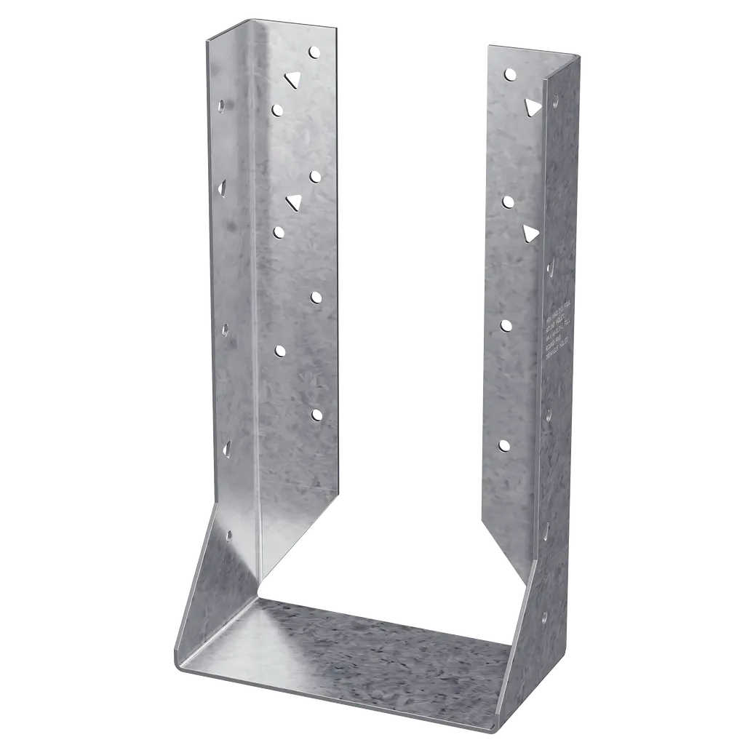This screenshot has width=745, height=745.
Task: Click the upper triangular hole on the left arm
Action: (x=292, y=79)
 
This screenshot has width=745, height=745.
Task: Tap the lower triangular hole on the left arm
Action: (x=294, y=202)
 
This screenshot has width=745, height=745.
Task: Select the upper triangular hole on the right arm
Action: (x=532, y=106)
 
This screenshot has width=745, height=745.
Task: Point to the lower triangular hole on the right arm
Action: (x=530, y=234)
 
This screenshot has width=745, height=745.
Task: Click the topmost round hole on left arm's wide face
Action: (x=314, y=52)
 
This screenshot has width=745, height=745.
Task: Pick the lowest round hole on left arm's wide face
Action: (x=316, y=414)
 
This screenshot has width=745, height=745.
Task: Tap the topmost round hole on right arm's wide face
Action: (x=510, y=73)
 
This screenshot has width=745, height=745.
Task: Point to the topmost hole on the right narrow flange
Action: (x=557, y=102)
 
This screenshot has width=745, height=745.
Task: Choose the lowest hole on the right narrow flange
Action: (x=543, y=617)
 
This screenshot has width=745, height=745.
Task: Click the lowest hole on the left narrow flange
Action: (x=229, y=537)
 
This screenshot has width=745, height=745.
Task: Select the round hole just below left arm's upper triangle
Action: (x=276, y=109)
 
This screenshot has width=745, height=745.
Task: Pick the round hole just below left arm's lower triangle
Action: (x=278, y=231)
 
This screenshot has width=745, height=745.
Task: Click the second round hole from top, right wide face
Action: (x=508, y=202)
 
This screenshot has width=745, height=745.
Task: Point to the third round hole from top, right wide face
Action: (x=506, y=325)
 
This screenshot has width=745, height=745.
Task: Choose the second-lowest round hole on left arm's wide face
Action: (x=279, y=351)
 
